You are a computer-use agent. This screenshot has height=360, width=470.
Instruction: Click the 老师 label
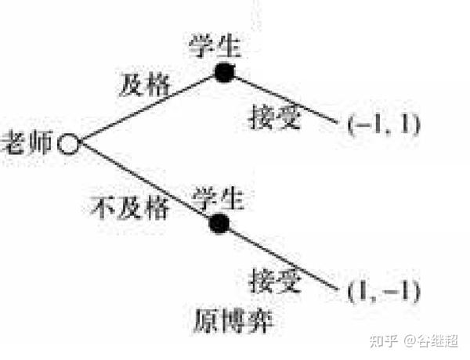click(27, 142)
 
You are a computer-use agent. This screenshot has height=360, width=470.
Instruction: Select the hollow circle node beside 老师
click(69, 143)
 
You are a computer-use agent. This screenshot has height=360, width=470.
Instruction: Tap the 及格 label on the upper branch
click(145, 85)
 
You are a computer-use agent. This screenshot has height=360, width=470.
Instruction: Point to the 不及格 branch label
click(129, 207)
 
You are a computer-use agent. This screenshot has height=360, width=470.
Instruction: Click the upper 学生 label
click(215, 46)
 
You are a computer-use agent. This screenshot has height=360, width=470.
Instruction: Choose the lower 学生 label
click(218, 198)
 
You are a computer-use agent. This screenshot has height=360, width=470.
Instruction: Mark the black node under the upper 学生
click(225, 73)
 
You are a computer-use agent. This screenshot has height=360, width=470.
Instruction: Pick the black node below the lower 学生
click(219, 223)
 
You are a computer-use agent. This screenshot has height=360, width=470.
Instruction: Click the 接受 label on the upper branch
click(274, 117)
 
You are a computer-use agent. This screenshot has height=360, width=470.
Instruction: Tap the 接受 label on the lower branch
click(275, 280)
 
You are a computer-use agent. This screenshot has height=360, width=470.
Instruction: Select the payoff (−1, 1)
click(384, 124)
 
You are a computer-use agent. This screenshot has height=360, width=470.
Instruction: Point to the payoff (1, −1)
click(384, 291)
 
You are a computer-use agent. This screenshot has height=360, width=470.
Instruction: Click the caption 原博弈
click(233, 322)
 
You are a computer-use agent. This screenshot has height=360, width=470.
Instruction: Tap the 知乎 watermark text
click(384, 341)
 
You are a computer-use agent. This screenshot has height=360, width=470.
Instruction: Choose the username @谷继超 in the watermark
click(431, 341)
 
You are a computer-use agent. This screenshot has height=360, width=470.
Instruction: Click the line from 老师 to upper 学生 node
click(147, 108)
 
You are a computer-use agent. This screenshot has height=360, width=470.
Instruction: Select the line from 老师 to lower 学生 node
click(145, 182)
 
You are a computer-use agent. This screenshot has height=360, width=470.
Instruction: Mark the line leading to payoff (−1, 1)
click(286, 99)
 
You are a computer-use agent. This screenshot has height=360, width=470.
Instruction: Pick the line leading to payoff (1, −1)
click(284, 259)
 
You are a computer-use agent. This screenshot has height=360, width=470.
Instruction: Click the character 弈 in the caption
click(260, 322)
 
